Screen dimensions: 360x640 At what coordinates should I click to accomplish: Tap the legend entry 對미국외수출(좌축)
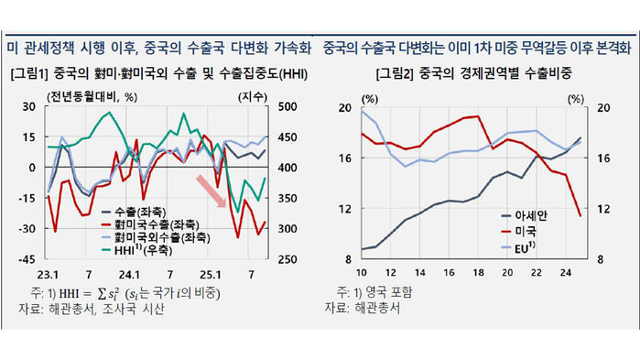pos(151,235)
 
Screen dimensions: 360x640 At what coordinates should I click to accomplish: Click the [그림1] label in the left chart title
pos(30,73)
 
